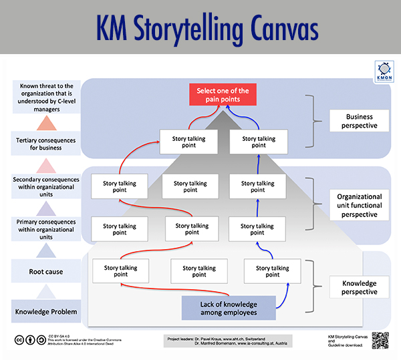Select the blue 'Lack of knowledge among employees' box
(229, 307)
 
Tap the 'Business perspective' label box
(360, 120)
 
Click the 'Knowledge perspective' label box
(360, 287)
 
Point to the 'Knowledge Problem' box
(46, 312)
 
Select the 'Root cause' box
(46, 272)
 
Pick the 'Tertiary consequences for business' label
(46, 144)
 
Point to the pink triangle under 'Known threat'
(46, 124)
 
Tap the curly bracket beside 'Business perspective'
(308, 120)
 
